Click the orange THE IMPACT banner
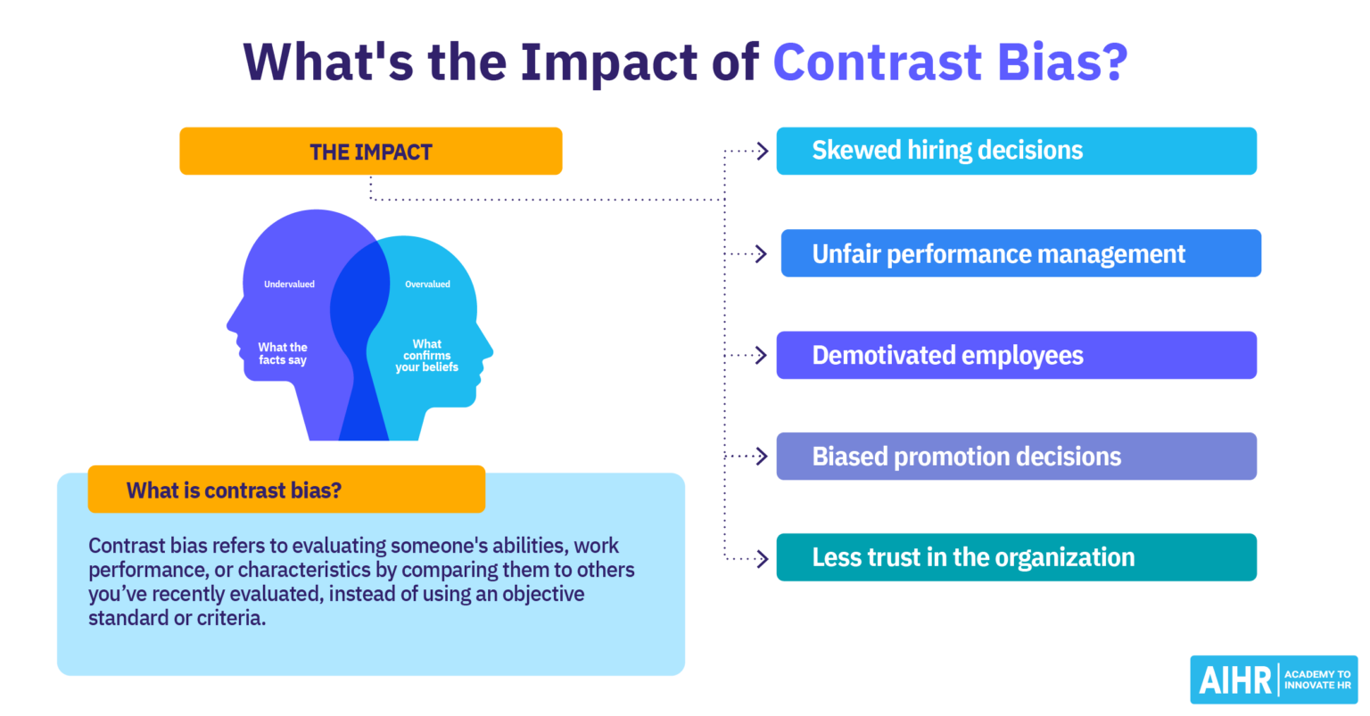tap(370, 152)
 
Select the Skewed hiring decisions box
tap(1016, 151)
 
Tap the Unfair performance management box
tap(1020, 254)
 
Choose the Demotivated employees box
tap(1016, 356)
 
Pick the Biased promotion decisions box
tap(1016, 457)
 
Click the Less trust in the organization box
tap(1016, 558)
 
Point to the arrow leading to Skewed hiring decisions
tap(761, 152)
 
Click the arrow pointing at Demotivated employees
tap(761, 356)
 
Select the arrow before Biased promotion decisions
tap(761, 457)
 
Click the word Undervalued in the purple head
tap(289, 284)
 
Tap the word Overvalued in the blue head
tap(427, 284)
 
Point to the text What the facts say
tap(283, 354)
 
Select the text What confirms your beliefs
tap(427, 356)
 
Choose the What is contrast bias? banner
tap(285, 490)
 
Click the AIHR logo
tap(1273, 680)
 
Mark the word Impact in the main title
tap(609, 62)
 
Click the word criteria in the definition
tap(230, 618)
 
